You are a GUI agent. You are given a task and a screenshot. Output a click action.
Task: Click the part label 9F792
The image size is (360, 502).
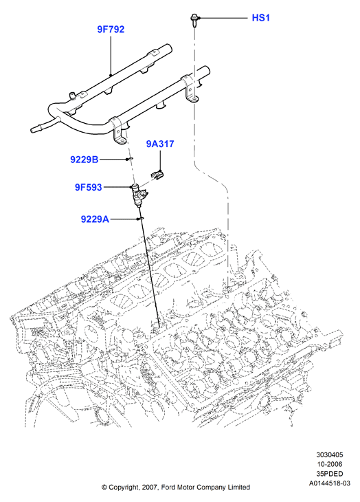click(x=111, y=30)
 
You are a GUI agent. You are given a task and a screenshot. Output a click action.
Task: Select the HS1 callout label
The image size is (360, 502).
click(x=261, y=18)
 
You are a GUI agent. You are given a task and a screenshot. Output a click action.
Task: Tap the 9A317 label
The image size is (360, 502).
click(x=160, y=144)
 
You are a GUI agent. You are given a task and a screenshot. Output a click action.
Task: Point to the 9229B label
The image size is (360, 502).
click(x=85, y=160)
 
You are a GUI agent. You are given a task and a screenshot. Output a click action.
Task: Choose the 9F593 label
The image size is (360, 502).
click(x=88, y=187)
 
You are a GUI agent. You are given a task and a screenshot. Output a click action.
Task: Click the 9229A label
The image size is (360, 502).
click(x=95, y=219)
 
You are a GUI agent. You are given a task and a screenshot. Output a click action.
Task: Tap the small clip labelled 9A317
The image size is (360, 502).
click(x=157, y=175)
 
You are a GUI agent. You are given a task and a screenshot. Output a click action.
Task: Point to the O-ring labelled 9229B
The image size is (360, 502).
click(x=130, y=159)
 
